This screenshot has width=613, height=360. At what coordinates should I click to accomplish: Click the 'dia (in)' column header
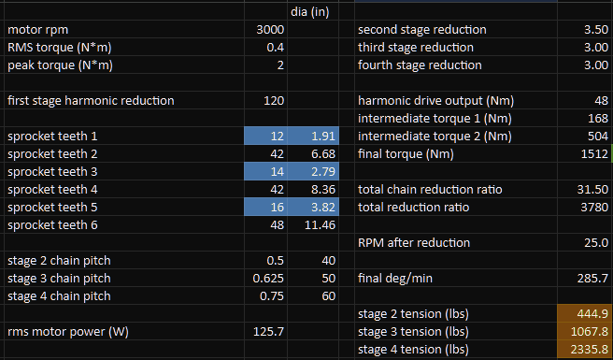pyautogui.click(x=309, y=12)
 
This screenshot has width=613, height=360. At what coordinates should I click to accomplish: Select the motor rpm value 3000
pyautogui.click(x=270, y=30)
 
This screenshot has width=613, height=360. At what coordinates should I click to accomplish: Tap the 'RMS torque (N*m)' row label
pyautogui.click(x=60, y=48)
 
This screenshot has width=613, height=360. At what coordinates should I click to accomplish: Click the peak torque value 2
pyautogui.click(x=280, y=65)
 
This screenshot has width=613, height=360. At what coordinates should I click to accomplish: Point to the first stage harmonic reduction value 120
pyautogui.click(x=274, y=101)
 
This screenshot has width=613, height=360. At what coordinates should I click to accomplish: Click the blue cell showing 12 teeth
pyautogui.click(x=265, y=136)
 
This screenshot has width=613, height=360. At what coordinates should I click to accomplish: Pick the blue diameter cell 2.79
pyautogui.click(x=313, y=171)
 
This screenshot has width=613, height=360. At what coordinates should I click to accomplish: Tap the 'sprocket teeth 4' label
pyautogui.click(x=52, y=190)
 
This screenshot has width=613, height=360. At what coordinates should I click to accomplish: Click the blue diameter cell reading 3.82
pyautogui.click(x=313, y=207)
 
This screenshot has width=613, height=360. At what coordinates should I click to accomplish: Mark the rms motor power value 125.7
pyautogui.click(x=268, y=331)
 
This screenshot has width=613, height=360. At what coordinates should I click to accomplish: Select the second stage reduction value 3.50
pyautogui.click(x=596, y=30)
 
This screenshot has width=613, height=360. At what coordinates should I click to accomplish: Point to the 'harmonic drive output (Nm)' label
pyautogui.click(x=435, y=101)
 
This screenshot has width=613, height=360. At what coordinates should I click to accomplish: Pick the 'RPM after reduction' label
pyautogui.click(x=414, y=242)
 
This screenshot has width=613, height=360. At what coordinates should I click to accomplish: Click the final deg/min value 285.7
pyautogui.click(x=592, y=279)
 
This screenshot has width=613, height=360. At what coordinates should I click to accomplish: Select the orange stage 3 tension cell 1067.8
pyautogui.click(x=585, y=331)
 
